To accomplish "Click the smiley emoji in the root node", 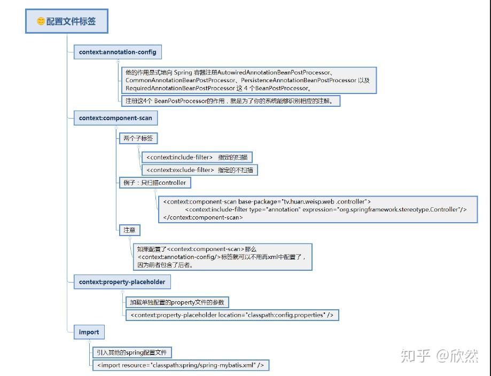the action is (x=41, y=21).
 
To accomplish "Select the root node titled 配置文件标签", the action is (x=67, y=21).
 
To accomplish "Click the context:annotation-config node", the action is (x=118, y=52).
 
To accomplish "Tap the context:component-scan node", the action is (x=115, y=118).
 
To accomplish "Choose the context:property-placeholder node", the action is (x=122, y=282).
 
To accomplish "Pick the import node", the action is (x=89, y=332).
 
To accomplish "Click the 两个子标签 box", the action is (x=138, y=138).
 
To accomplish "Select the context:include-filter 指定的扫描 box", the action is (x=197, y=157).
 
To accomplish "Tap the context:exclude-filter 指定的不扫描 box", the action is (x=200, y=170).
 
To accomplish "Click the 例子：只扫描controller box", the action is (x=155, y=183).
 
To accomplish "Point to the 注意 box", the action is (x=129, y=230).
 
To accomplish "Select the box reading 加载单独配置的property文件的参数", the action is (x=177, y=302).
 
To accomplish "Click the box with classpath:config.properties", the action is (x=232, y=315).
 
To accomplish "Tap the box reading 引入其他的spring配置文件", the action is (x=132, y=352).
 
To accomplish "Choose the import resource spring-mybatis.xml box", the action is (x=181, y=365).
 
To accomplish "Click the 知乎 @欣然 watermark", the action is (x=439, y=356).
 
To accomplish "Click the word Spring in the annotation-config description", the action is (x=183, y=73).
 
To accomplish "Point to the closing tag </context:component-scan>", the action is (x=203, y=217).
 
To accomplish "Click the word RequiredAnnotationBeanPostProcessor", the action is (x=181, y=88).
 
